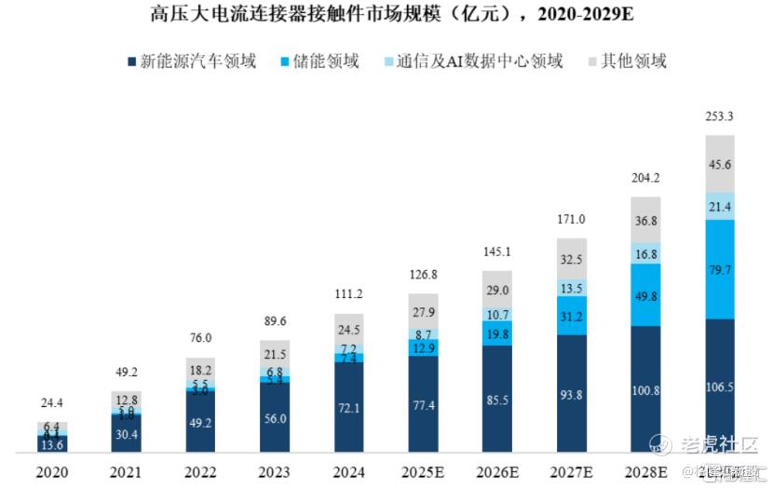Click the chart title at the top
point(386,15)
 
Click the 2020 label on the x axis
point(52,473)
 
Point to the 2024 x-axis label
point(348,473)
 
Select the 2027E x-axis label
point(570,473)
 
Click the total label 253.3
point(719,116)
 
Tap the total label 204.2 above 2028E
point(644,178)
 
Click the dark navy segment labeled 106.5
point(719,386)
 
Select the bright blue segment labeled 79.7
point(719,270)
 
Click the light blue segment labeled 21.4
point(719,205)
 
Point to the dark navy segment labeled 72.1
point(348,408)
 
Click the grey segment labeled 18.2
point(200,369)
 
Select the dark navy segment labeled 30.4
point(126,433)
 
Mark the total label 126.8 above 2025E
point(422,275)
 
